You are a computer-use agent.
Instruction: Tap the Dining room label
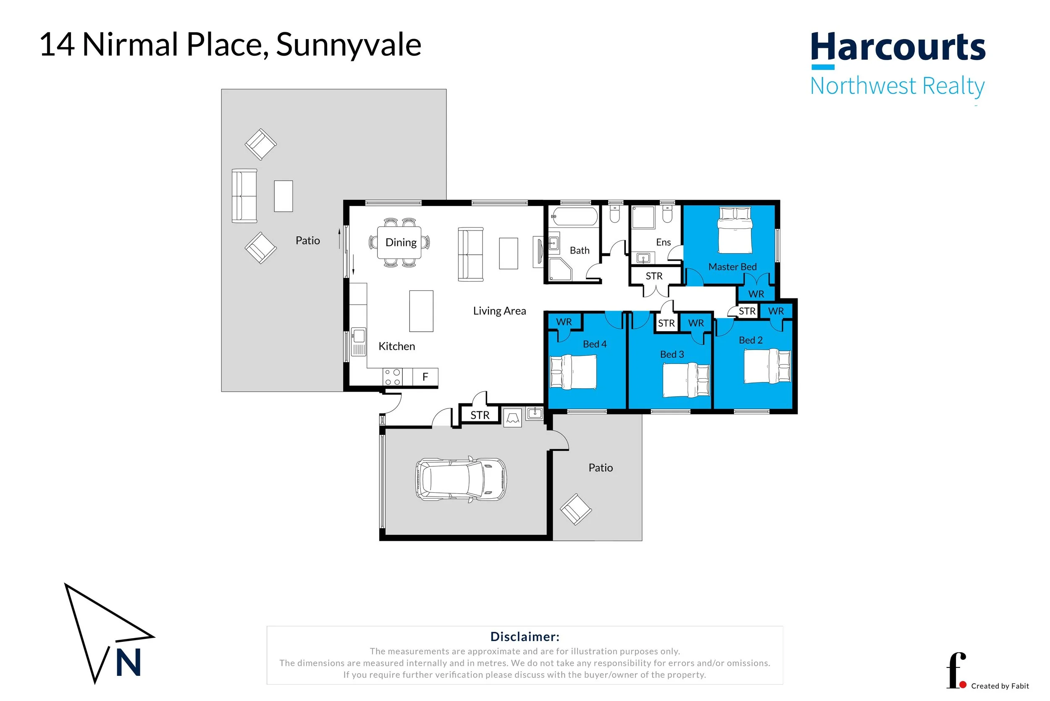[x=401, y=242]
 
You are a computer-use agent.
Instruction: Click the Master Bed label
[x=732, y=267]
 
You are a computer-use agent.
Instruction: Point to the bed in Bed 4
[x=573, y=371]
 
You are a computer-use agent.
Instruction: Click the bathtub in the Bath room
[x=575, y=216]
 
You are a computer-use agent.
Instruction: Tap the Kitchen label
[x=396, y=346]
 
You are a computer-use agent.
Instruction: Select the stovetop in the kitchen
[x=392, y=377]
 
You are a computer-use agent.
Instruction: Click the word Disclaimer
[x=525, y=637]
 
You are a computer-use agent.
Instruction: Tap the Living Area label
[x=499, y=311]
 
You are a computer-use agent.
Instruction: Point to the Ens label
[x=663, y=242]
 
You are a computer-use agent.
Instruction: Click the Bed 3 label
[x=672, y=355]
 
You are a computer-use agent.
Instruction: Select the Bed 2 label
[x=751, y=340]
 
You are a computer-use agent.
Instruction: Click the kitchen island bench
[x=421, y=311]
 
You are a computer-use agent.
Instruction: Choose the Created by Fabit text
[x=1000, y=686]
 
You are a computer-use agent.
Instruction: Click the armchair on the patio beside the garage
[x=576, y=509]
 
